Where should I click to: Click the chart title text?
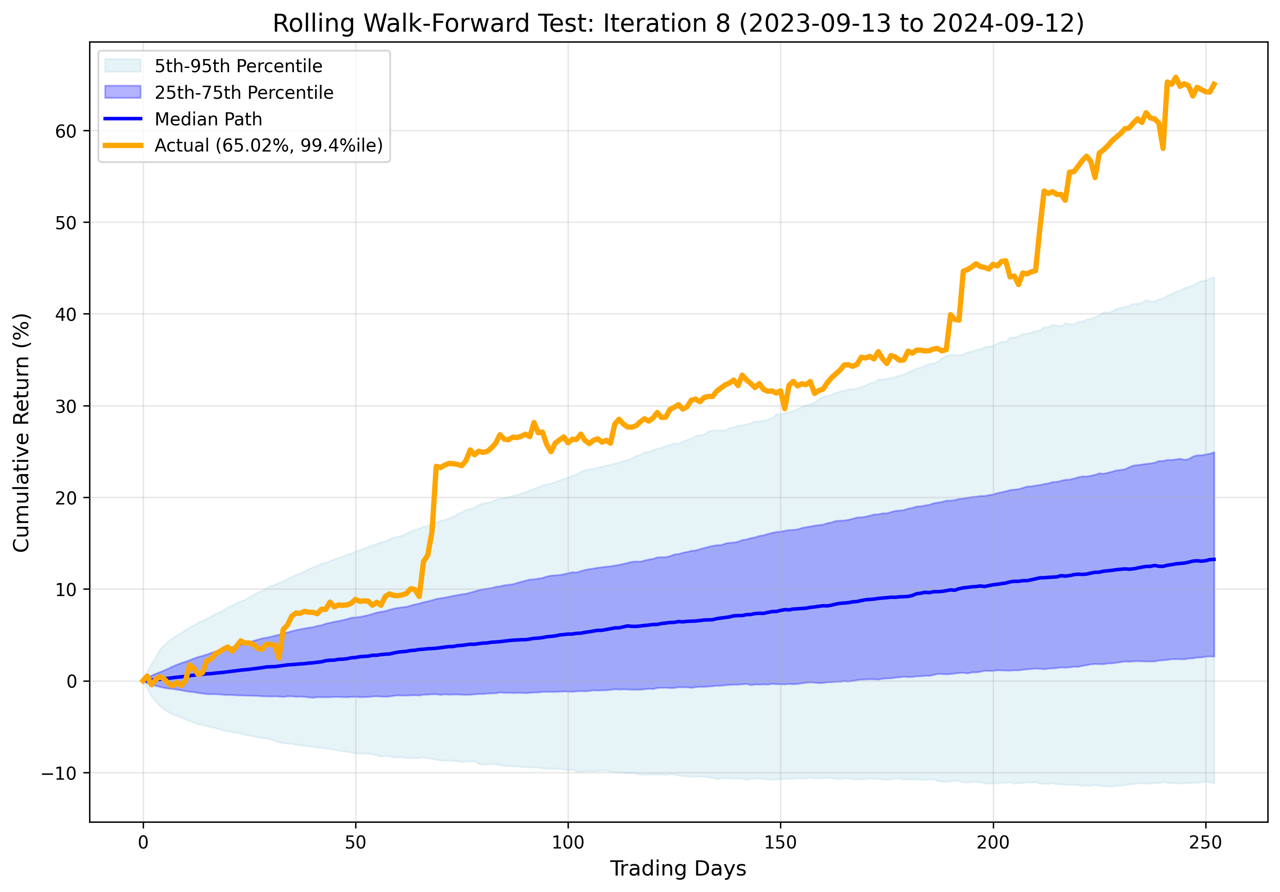click(x=678, y=23)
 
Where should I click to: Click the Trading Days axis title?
click(x=678, y=868)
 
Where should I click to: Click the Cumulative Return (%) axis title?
click(x=21, y=432)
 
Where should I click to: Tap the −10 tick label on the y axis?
click(x=59, y=773)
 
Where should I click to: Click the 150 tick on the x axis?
click(x=780, y=842)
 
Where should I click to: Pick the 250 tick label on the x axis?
click(x=1205, y=842)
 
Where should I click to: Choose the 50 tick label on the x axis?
click(x=356, y=842)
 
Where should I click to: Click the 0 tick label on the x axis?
click(x=143, y=842)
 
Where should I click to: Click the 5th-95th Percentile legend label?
click(x=238, y=66)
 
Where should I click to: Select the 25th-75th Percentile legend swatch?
click(x=122, y=92)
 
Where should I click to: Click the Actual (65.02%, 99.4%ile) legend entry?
click(x=268, y=145)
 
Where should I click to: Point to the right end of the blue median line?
click(x=1214, y=559)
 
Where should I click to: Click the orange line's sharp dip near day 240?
click(x=1163, y=148)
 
